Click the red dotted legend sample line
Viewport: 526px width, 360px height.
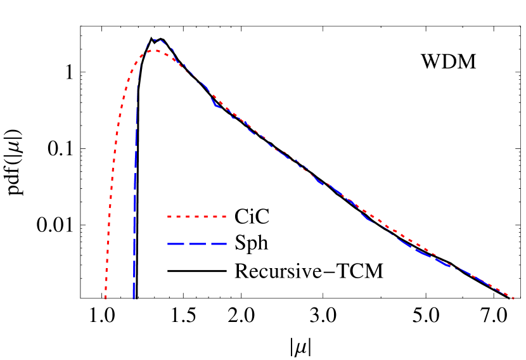[197, 217]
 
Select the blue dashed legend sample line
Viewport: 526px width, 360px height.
[197, 244]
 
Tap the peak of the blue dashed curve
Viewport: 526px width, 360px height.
[157, 40]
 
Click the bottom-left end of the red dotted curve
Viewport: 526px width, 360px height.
[106, 297]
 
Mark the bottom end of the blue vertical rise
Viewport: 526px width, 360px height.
[134, 298]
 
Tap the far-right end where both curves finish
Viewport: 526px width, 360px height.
[513, 298]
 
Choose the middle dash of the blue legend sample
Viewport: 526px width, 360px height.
[197, 244]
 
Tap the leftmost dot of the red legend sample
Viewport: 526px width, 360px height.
[169, 217]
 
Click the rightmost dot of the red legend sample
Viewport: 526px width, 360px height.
[225, 217]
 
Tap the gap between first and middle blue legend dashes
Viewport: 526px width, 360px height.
[186, 244]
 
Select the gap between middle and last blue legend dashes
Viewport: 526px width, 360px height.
[208, 244]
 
